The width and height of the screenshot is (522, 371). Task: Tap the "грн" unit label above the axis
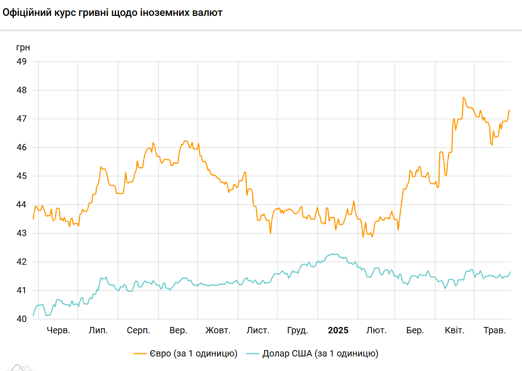coord(23,47)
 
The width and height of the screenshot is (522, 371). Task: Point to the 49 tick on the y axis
coord(22,61)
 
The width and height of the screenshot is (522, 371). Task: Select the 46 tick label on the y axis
coord(22,148)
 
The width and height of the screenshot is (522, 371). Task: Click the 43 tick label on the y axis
coord(22,233)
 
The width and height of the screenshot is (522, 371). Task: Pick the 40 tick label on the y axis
coord(22,319)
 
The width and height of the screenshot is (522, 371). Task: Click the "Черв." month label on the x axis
coord(58,331)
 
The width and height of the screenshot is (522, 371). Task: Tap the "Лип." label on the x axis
coord(98,331)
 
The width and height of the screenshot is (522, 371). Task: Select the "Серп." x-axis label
coord(138,331)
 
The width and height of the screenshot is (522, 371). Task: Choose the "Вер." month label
coord(178,331)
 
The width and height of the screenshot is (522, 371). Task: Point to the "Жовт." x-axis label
coord(218,331)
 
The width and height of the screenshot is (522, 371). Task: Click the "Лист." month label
coord(258,331)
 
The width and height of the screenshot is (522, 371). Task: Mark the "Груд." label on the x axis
coord(298,331)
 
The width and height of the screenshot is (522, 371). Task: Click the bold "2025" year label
coord(338,331)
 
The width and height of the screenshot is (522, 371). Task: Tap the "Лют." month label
coord(377,331)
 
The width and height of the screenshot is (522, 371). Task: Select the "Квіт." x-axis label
coord(454,331)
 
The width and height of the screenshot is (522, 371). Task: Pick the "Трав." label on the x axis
coord(494,331)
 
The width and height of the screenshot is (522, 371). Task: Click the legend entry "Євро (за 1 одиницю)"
coord(192,354)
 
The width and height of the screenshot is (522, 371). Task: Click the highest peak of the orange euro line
coord(464,97)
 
